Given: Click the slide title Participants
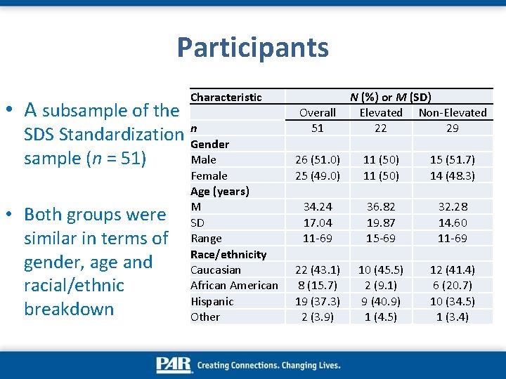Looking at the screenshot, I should click(252, 48).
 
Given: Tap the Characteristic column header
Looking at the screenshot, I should click(226, 97).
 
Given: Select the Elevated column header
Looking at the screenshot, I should click(381, 112).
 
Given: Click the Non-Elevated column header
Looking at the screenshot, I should click(452, 112).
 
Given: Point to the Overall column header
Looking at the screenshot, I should click(318, 112).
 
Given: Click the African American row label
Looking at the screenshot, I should click(234, 285).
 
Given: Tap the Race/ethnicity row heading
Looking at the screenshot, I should click(228, 254).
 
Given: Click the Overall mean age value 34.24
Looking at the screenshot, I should click(318, 207).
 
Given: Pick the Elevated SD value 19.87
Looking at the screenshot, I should click(381, 222).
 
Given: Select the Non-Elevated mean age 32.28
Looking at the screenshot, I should click(452, 207).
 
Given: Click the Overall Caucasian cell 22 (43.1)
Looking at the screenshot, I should click(318, 270).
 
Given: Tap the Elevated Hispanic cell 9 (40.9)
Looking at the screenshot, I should click(381, 301).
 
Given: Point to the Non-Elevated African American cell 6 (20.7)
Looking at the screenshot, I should click(452, 285).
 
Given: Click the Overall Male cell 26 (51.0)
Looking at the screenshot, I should click(318, 160).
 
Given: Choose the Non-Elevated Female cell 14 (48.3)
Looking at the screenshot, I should click(452, 175).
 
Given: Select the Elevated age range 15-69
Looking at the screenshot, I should click(381, 238).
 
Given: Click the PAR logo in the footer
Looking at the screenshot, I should click(174, 365).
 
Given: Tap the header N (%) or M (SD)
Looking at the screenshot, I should click(390, 97).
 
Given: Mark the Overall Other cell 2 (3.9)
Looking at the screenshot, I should click(318, 317).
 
